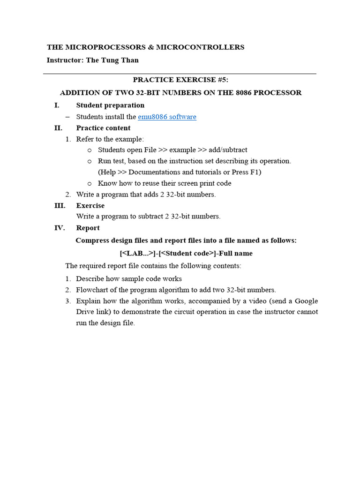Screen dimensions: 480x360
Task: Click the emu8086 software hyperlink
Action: (x=167, y=117)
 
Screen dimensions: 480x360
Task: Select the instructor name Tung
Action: (x=112, y=60)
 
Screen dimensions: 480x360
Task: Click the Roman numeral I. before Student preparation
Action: (x=57, y=105)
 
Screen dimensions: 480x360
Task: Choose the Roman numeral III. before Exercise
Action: (x=60, y=205)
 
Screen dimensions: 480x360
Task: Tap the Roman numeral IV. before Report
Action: (x=60, y=228)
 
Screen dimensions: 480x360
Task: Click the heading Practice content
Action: (x=103, y=128)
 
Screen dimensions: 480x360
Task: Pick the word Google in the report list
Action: (x=306, y=301)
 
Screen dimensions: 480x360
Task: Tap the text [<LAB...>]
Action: (x=138, y=253)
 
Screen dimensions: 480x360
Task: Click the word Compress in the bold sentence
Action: (x=93, y=240)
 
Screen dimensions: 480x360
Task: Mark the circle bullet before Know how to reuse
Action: (x=90, y=183)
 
